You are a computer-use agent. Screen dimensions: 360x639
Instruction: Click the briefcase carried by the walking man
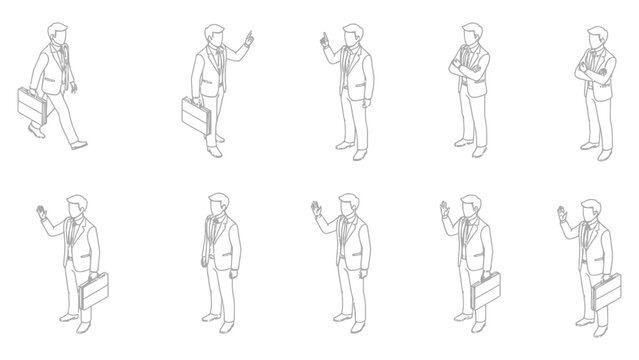click(31, 105)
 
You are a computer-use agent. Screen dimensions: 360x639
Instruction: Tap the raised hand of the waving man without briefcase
click(316, 210)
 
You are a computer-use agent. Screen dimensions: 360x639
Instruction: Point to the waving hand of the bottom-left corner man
click(40, 213)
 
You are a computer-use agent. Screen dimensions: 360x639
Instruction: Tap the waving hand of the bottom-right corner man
click(560, 214)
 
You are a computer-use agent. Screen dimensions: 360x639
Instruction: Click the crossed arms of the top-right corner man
click(591, 71)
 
